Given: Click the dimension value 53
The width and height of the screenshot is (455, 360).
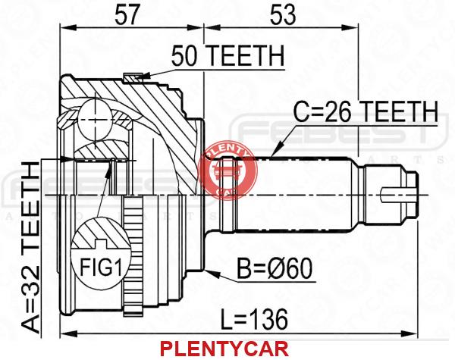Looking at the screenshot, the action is click(x=283, y=15).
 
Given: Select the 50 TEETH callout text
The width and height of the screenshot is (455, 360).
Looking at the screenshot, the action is click(x=227, y=56).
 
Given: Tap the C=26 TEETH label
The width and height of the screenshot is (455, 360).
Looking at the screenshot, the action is click(x=365, y=111).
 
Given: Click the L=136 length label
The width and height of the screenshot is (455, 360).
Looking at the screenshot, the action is click(x=254, y=319).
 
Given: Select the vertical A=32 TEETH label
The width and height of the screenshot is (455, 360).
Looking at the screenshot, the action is click(x=31, y=247).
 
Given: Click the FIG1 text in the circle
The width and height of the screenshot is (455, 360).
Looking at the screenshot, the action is click(x=101, y=268).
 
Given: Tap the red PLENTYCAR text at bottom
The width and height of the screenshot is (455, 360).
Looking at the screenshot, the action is click(x=224, y=349).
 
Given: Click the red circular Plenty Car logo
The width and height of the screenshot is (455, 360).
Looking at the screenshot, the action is click(x=227, y=172).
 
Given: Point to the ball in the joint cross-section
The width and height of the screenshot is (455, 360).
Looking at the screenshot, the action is click(x=95, y=120).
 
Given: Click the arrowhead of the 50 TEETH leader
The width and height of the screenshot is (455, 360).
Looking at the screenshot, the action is click(x=143, y=76).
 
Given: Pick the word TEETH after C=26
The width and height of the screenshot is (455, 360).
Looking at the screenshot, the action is click(x=400, y=111).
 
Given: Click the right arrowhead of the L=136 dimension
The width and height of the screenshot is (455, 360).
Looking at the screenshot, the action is click(x=409, y=333).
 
